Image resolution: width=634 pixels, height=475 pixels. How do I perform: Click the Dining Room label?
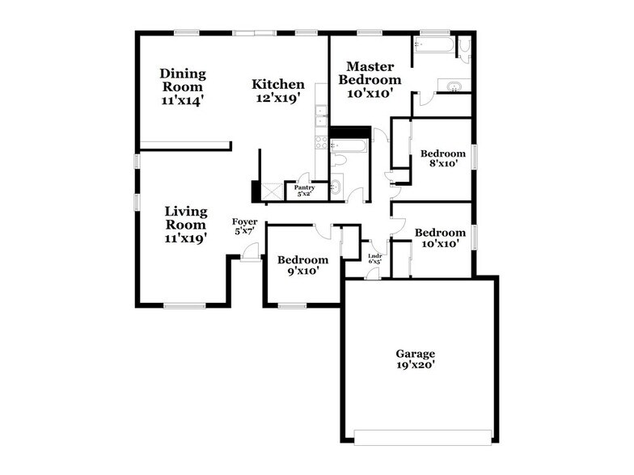click(183, 80)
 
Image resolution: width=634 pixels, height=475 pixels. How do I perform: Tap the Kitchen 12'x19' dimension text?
click(278, 99)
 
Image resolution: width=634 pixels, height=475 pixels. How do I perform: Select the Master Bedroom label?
click(370, 73)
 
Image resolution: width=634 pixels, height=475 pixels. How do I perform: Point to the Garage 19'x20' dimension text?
click(416, 365)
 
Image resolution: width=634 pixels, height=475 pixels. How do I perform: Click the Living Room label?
click(186, 218)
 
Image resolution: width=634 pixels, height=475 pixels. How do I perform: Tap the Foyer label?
click(244, 221)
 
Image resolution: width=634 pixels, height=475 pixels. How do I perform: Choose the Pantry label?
click(304, 187)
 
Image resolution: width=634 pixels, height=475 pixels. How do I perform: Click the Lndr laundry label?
click(375, 255)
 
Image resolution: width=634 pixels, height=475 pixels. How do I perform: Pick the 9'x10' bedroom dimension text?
click(303, 271)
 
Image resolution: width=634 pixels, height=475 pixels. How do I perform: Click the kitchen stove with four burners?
click(322, 142)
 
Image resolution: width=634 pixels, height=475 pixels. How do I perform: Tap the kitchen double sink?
click(322, 116)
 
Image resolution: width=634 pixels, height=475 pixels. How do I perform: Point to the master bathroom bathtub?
click(433, 45)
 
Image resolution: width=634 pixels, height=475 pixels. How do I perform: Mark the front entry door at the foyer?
click(249, 253)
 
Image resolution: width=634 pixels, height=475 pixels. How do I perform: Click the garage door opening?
click(422, 438)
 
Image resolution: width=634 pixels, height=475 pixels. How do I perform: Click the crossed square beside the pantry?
click(272, 191)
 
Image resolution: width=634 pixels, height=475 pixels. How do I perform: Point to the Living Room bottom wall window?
click(184, 305)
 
